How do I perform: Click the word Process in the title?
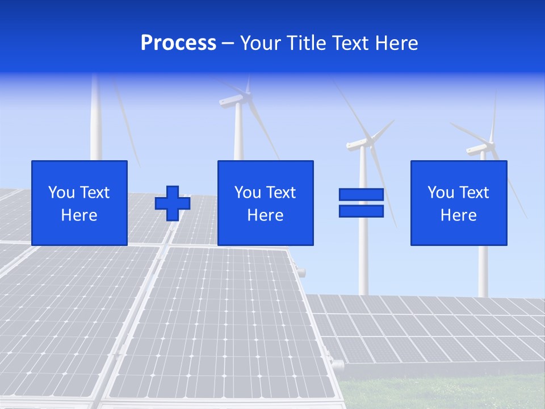pyautogui.click(x=178, y=43)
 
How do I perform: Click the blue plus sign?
pyautogui.click(x=173, y=203)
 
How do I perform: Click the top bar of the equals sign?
pyautogui.click(x=361, y=194)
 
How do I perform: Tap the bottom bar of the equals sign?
pyautogui.click(x=361, y=211)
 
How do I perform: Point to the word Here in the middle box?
pyautogui.click(x=266, y=215)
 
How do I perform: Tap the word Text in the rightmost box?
pyautogui.click(x=473, y=193)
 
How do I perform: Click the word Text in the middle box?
pyautogui.click(x=280, y=193)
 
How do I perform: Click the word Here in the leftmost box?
pyautogui.click(x=79, y=215)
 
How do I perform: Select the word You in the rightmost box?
pyautogui.click(x=441, y=193)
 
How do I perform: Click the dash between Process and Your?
pyautogui.click(x=228, y=44)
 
